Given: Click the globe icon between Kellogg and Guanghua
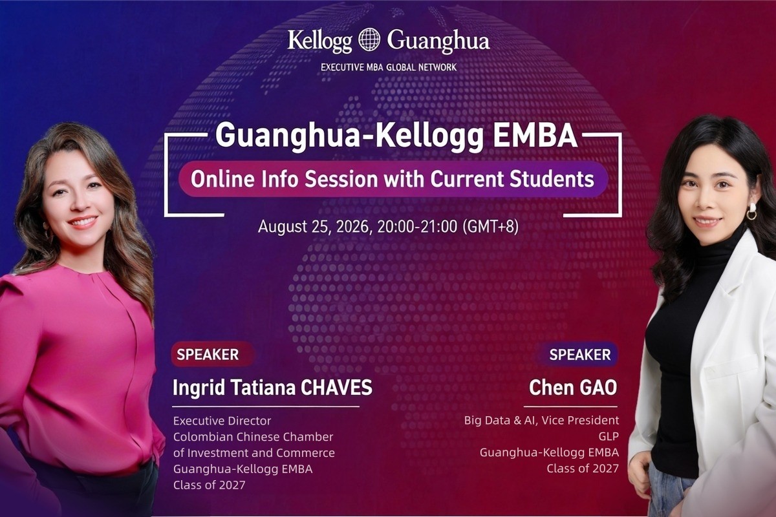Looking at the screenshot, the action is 369,40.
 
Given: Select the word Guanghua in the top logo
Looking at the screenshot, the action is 438,41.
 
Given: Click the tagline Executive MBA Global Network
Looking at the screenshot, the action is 389,67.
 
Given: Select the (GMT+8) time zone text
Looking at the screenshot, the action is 491,227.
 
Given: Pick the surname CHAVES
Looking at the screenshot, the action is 336,387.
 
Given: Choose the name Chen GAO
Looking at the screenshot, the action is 573,388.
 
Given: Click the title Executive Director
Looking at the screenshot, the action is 222,421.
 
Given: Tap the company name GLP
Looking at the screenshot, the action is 609,437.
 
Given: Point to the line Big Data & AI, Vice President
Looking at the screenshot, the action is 541,421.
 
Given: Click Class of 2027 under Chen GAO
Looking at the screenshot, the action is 583,469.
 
